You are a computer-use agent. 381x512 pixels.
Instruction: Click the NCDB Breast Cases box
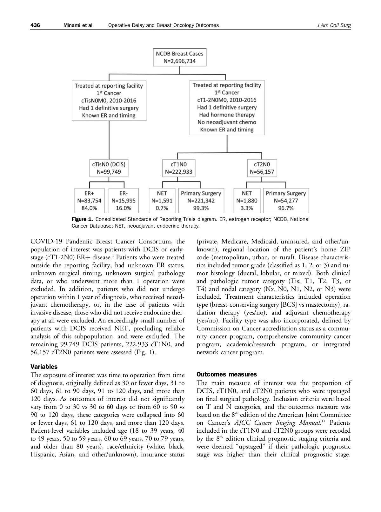click(x=180, y=57)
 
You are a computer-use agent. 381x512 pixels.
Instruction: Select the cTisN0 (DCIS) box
click(x=109, y=168)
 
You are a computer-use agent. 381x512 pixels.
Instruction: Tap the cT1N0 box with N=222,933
click(x=178, y=168)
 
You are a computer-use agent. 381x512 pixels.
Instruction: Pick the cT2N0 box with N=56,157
click(x=262, y=168)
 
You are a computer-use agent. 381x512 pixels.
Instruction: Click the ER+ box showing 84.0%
click(x=89, y=201)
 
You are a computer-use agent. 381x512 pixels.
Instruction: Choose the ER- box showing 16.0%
click(x=123, y=201)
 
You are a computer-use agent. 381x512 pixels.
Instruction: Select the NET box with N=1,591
click(x=162, y=201)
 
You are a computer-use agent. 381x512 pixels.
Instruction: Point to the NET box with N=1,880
click(x=247, y=201)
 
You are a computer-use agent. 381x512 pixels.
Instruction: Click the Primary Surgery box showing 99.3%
click(x=201, y=201)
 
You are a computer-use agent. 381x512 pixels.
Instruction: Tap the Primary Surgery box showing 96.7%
click(x=286, y=201)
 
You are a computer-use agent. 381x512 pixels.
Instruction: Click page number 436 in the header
click(x=35, y=25)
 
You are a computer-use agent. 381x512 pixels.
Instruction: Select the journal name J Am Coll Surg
click(x=334, y=25)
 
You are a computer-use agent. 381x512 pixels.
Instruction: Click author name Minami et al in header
click(x=78, y=25)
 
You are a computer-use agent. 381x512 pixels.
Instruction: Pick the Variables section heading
click(x=44, y=367)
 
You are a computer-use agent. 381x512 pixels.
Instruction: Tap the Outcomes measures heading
click(x=227, y=375)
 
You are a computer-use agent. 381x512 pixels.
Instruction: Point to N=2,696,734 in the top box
click(x=180, y=61)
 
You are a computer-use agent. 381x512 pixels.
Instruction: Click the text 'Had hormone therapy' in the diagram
click(x=227, y=115)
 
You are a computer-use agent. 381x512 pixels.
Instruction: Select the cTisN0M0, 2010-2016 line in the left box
click(x=109, y=101)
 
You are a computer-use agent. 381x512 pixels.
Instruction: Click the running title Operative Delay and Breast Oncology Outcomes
click(x=164, y=25)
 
